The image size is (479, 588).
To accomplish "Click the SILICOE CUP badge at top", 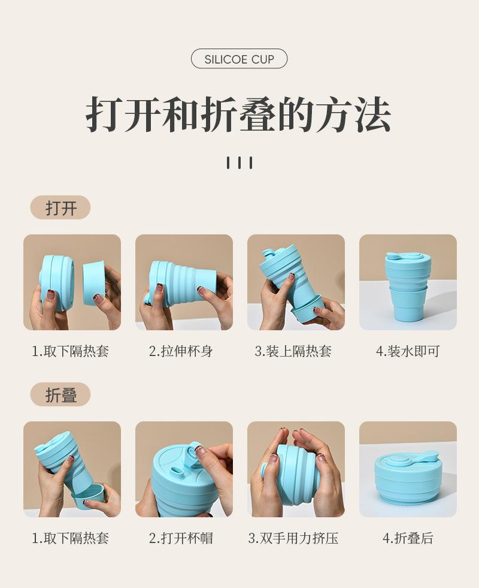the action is (x=239, y=59).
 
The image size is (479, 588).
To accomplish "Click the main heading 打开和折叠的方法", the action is (x=238, y=114).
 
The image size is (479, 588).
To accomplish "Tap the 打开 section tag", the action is (x=60, y=207).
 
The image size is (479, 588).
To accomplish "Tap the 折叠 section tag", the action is (x=60, y=394).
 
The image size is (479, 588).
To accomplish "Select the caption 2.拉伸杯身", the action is (x=181, y=351).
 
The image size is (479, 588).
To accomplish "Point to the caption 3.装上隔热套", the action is (x=293, y=351).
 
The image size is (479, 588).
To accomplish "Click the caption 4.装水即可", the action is (x=408, y=351).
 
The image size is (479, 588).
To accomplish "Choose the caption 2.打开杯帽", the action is (x=181, y=538).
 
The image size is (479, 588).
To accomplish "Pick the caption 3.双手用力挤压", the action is (x=293, y=538).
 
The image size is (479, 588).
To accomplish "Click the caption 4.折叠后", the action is (x=408, y=538).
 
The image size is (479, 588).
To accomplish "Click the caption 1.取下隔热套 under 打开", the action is (x=71, y=351).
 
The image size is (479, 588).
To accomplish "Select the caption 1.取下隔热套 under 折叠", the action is (x=71, y=538).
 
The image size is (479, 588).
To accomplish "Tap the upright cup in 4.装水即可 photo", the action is (x=408, y=287).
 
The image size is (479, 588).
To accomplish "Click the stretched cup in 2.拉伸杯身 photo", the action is (x=180, y=282).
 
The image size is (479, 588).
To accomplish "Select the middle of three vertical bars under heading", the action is (x=239, y=163).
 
